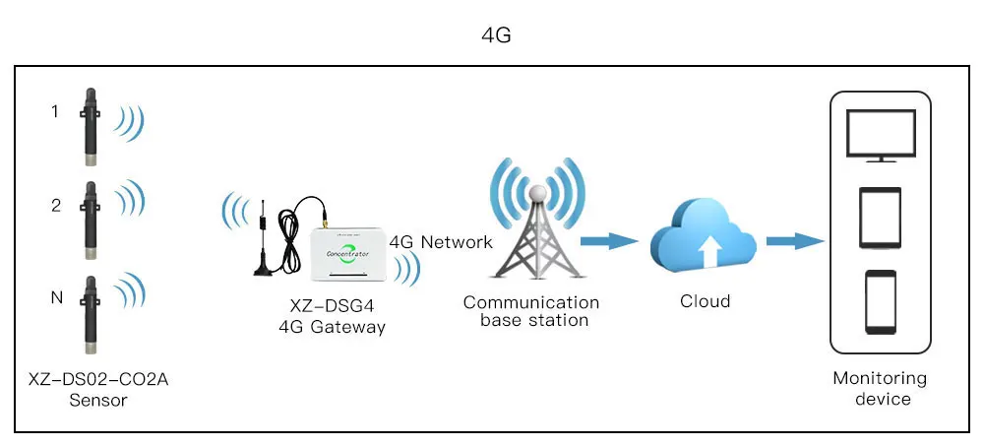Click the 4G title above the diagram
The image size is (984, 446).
tap(496, 35)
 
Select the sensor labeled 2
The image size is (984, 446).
tap(90, 215)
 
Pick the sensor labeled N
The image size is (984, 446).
tap(90, 313)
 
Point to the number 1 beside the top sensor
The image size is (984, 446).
tap(55, 112)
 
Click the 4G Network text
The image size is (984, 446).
tap(441, 242)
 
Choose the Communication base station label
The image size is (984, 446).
tap(531, 311)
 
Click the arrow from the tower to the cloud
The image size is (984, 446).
tap(606, 240)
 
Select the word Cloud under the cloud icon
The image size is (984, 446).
tap(705, 301)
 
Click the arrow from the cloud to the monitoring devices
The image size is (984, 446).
tap(794, 240)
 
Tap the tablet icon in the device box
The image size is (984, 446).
tap(880, 218)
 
